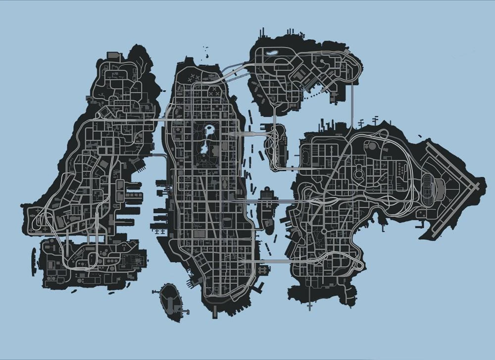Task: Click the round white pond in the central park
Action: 210,130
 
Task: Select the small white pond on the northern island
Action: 272,51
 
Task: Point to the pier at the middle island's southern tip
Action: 215,312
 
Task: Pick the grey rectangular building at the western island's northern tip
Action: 114,54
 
